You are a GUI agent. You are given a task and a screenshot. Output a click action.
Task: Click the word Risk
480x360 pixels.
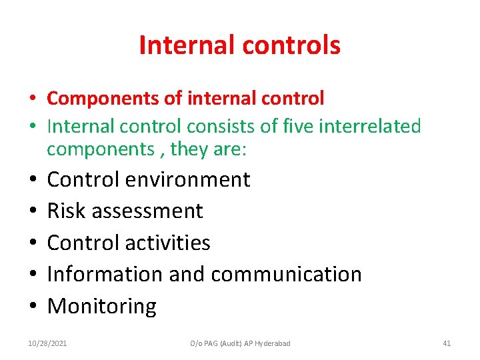[x=68, y=211]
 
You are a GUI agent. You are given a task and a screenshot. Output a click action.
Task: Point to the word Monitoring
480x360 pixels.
[x=102, y=306]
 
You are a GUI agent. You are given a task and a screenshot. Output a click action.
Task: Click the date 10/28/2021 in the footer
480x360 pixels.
[x=47, y=343]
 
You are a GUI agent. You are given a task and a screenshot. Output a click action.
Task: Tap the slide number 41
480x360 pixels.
[x=447, y=343]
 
